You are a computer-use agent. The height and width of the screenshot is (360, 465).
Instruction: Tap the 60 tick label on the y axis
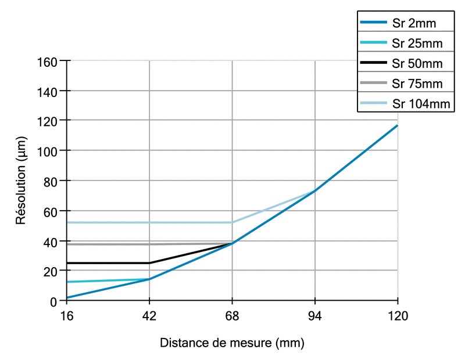coord(49,211)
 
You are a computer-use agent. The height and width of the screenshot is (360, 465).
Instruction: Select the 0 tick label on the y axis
coord(53,301)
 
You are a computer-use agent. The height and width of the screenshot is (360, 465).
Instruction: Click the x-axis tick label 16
coord(67,317)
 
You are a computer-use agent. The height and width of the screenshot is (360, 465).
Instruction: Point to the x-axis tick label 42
coord(149,317)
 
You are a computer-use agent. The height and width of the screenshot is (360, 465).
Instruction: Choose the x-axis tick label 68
coord(232,317)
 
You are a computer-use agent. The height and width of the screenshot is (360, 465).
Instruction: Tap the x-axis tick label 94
coord(314,317)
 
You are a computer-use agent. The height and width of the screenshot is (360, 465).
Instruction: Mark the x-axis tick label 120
coord(397,317)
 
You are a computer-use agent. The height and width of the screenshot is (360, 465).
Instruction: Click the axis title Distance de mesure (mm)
coord(232,343)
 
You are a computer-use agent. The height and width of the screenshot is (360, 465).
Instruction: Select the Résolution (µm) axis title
coord(22,181)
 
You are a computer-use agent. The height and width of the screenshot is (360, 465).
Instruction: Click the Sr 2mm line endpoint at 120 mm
coord(397,125)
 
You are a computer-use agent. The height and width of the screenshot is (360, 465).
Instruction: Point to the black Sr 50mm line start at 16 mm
coord(67,263)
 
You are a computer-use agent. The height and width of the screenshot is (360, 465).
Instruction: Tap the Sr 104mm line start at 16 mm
coord(67,222)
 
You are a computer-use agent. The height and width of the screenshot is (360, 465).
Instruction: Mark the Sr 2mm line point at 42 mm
coord(149,279)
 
